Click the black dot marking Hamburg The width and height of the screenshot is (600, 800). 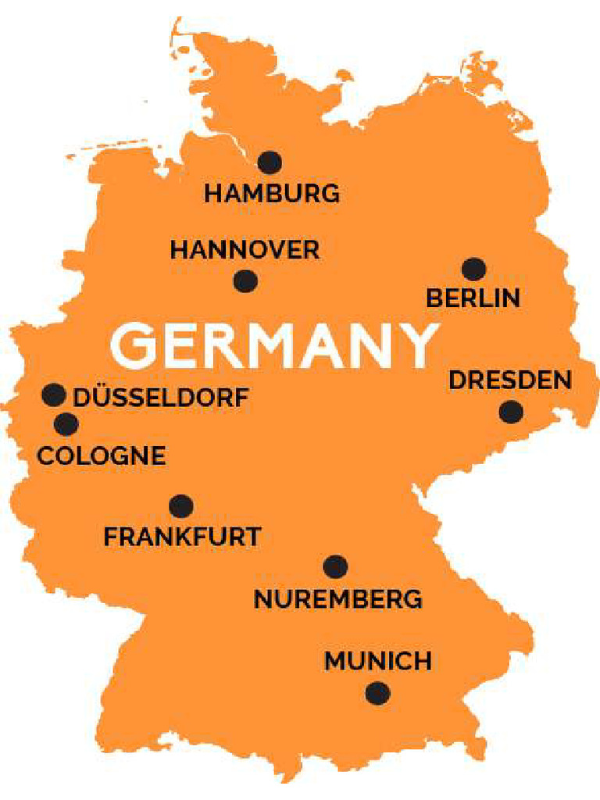(270, 162)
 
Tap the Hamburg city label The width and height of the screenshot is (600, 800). (272, 193)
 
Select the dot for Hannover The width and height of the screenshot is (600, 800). (245, 281)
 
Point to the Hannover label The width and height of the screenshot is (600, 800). (245, 250)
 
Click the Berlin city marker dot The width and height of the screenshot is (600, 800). (473, 270)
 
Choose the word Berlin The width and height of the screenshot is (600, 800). (473, 298)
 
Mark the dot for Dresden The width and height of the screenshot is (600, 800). (511, 412)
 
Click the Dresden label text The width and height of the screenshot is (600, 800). (510, 380)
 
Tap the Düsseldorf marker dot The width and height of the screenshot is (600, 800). (54, 395)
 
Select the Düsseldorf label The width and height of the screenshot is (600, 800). (161, 397)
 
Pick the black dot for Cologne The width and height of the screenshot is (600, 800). (66, 425)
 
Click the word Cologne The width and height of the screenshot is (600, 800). (102, 455)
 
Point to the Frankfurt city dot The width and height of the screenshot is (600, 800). (181, 506)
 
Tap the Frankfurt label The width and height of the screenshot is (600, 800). (182, 537)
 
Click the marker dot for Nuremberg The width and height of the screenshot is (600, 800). (335, 567)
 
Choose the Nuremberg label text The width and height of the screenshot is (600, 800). (337, 599)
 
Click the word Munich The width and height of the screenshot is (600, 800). (378, 661)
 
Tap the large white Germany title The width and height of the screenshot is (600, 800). (273, 345)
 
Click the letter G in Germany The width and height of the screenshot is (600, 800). (138, 345)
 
